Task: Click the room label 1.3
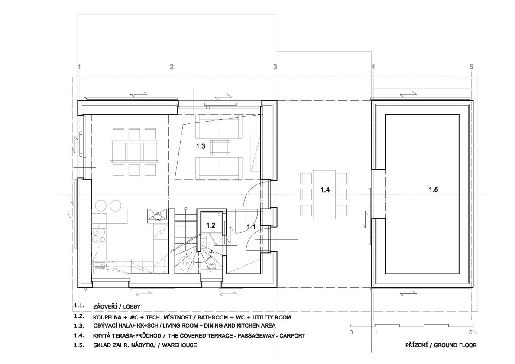(x=201, y=146)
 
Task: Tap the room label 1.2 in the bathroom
(x=211, y=225)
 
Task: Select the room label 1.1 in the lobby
(x=251, y=226)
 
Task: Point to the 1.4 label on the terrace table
(x=325, y=190)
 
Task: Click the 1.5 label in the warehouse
(x=434, y=190)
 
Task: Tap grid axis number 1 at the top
(x=79, y=67)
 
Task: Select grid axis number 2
(x=172, y=67)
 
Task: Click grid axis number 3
(x=275, y=67)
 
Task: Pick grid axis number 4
(x=373, y=67)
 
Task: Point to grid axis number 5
(x=471, y=67)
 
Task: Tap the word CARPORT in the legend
(x=293, y=335)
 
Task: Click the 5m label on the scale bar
(x=473, y=332)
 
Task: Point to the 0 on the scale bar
(x=351, y=332)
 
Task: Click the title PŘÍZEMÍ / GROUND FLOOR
(x=441, y=345)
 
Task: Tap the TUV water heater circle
(x=186, y=263)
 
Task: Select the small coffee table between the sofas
(x=220, y=147)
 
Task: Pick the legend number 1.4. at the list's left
(x=79, y=335)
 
